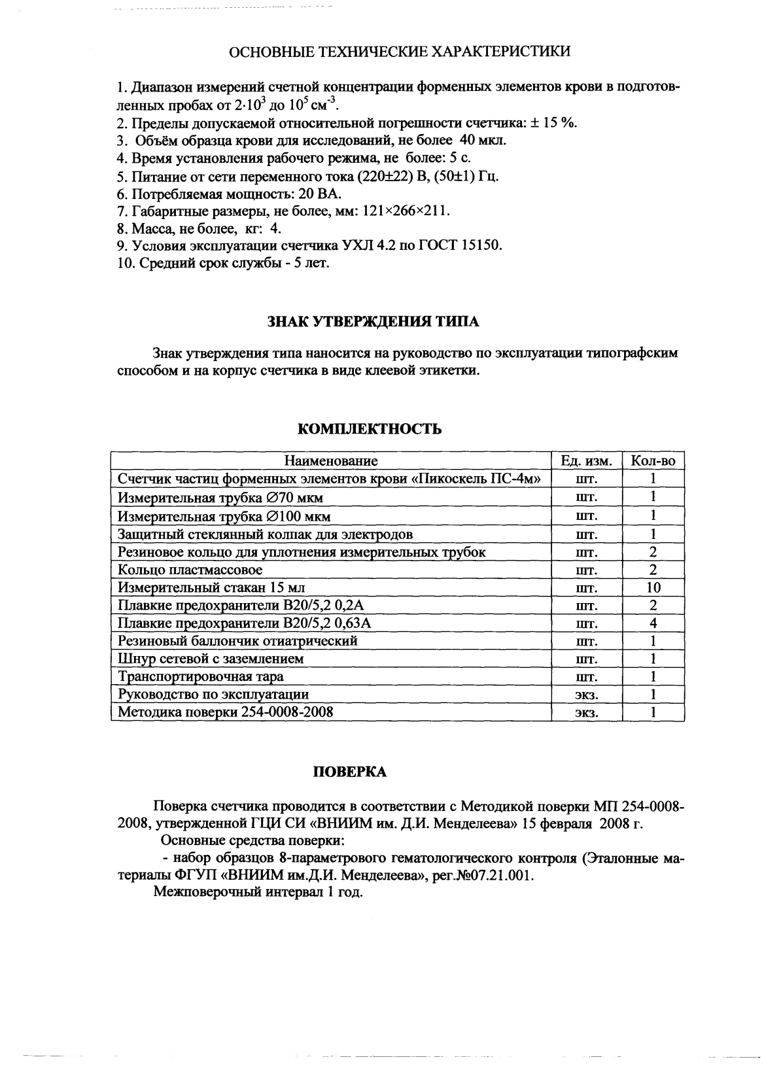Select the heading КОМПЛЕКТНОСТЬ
point(370,429)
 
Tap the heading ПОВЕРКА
point(351,772)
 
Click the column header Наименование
point(331,461)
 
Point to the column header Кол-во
point(652,461)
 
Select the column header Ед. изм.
point(586,461)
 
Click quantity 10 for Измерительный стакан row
point(652,587)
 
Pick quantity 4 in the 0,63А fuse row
point(652,623)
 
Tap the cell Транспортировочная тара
point(201,676)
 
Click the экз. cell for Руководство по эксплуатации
point(586,695)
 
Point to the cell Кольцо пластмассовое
point(190,570)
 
